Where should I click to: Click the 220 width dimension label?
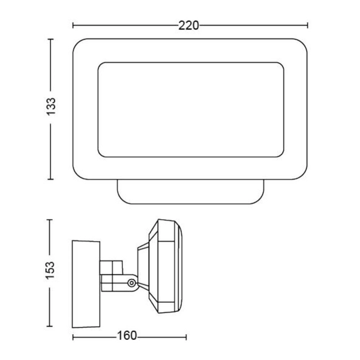tap(189, 26)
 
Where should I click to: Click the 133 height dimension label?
tap(51, 106)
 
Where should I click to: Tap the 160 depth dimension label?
tap(127, 336)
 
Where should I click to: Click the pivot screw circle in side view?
tap(132, 283)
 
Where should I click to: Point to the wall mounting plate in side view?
tap(86, 284)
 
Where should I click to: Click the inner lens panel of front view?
tap(191, 110)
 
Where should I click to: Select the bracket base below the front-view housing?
tap(190, 192)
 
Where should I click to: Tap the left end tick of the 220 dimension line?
tap(73, 25)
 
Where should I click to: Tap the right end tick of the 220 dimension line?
tap(307, 25)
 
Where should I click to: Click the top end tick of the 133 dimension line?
tap(50, 39)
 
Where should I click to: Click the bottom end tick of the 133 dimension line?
tap(50, 179)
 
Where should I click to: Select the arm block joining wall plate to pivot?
tap(112, 275)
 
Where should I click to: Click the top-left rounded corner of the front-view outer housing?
tap(77, 43)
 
